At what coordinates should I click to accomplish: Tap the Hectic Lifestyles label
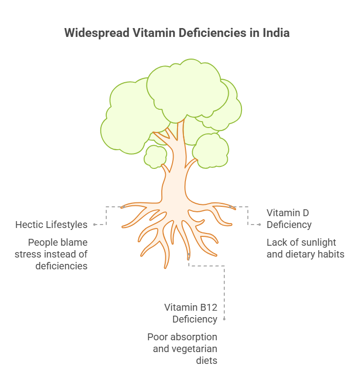click(x=51, y=225)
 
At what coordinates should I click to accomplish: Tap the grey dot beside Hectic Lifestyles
click(x=94, y=225)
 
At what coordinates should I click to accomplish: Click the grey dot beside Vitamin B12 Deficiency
click(x=224, y=319)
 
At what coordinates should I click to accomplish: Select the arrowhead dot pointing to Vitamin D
click(x=260, y=225)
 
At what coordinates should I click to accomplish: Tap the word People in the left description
click(x=42, y=242)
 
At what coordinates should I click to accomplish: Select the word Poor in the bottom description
click(x=157, y=337)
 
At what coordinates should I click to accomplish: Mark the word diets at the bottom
click(x=207, y=360)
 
